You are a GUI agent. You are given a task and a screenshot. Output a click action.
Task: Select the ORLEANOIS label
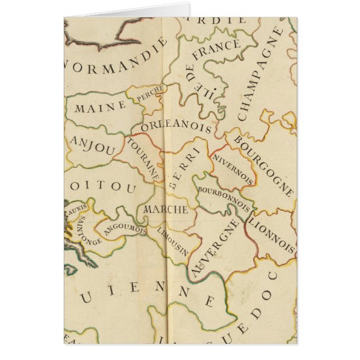click(176, 126)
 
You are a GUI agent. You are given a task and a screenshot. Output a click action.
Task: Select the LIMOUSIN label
click(172, 239)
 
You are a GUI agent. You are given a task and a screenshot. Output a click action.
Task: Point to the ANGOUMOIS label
click(125, 230)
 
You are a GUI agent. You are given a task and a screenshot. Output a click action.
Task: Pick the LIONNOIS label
click(272, 234)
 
